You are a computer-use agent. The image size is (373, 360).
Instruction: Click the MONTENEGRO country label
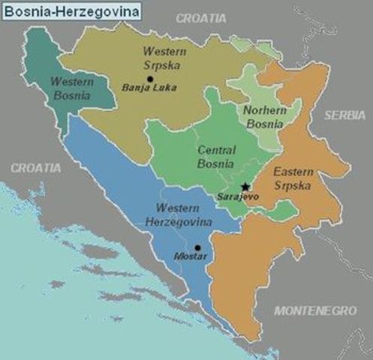(x=314, y=310)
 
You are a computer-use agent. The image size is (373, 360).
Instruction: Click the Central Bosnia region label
(x=215, y=156)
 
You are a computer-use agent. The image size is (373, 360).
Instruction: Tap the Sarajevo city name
(x=238, y=196)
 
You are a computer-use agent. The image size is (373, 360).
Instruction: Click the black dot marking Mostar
(x=197, y=247)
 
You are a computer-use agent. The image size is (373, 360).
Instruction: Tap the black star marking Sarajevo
(x=245, y=186)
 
